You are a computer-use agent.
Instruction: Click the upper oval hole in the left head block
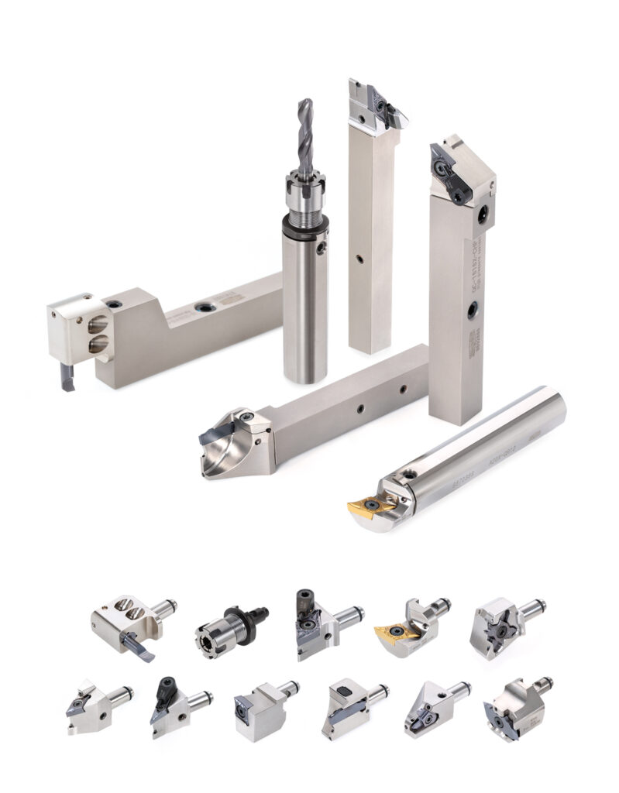(x=98, y=324)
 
